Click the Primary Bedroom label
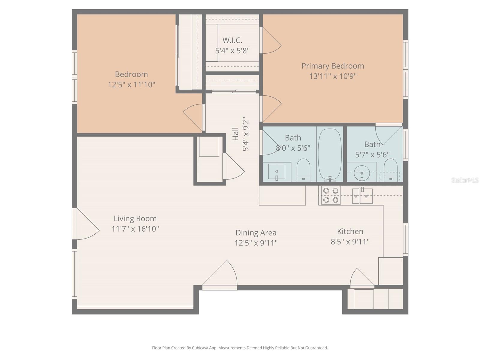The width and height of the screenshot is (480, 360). [x=333, y=66]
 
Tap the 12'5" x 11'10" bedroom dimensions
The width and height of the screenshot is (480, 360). [x=131, y=85]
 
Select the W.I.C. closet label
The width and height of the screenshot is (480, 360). [x=232, y=40]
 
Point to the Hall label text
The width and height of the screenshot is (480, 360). [x=235, y=134]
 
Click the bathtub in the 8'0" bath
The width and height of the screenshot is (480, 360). [x=330, y=155]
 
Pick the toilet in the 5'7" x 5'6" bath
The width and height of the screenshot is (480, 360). [x=391, y=170]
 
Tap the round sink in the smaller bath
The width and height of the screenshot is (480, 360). [x=362, y=173]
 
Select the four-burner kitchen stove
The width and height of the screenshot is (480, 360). [x=331, y=195]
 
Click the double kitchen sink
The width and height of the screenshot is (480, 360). [x=362, y=196]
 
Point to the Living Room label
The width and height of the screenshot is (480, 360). [x=135, y=218]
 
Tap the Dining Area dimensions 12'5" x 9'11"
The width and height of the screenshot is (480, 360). [x=256, y=243]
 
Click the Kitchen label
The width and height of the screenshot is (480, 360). [x=350, y=231]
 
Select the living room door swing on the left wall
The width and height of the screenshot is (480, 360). [x=88, y=224]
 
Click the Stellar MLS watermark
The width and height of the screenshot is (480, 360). [x=465, y=180]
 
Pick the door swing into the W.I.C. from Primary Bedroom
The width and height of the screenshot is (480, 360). [x=272, y=40]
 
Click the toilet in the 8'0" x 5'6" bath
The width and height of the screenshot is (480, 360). [x=303, y=170]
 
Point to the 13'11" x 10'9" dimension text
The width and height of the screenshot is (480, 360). [x=333, y=76]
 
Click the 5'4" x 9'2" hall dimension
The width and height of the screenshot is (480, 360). [x=246, y=136]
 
